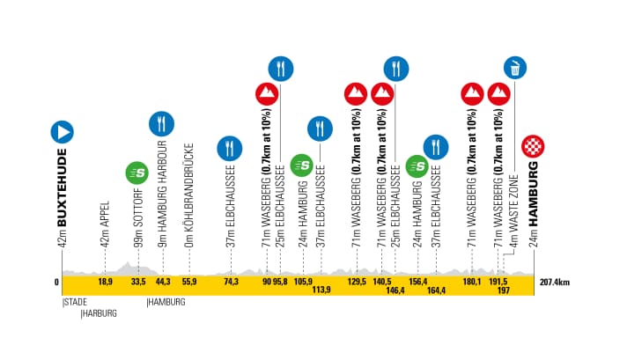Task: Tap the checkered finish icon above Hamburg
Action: click(x=532, y=145)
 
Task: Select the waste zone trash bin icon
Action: click(x=514, y=67)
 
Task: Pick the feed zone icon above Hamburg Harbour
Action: click(x=160, y=123)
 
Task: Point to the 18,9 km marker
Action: click(x=105, y=283)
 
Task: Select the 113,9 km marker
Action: click(x=321, y=290)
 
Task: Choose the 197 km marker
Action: click(x=504, y=290)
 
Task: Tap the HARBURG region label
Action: click(x=100, y=312)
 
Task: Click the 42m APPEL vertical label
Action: click(x=105, y=224)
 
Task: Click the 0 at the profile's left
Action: click(x=57, y=283)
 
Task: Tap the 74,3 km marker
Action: click(x=231, y=283)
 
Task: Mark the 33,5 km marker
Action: click(x=137, y=283)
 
